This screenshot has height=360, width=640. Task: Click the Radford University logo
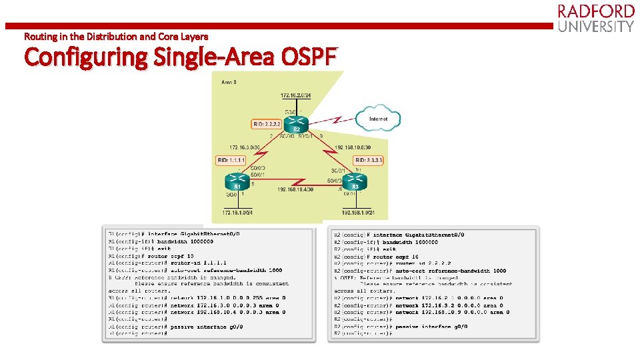pyautogui.click(x=595, y=19)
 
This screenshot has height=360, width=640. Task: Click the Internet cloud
pyautogui.click(x=378, y=119)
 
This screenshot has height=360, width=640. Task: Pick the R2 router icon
pyautogui.click(x=296, y=124)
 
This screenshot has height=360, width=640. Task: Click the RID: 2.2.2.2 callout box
pyautogui.click(x=266, y=124)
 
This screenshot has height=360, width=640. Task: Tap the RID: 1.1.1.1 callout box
pyautogui.click(x=231, y=160)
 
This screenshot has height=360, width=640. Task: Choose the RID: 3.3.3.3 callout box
pyautogui.click(x=368, y=160)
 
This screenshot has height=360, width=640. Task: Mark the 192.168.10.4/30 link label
pyautogui.click(x=295, y=190)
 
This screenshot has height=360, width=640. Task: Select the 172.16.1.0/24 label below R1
pyautogui.click(x=237, y=213)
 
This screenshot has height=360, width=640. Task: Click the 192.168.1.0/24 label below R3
pyautogui.click(x=363, y=213)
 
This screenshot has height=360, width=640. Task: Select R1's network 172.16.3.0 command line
pyautogui.click(x=227, y=305)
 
